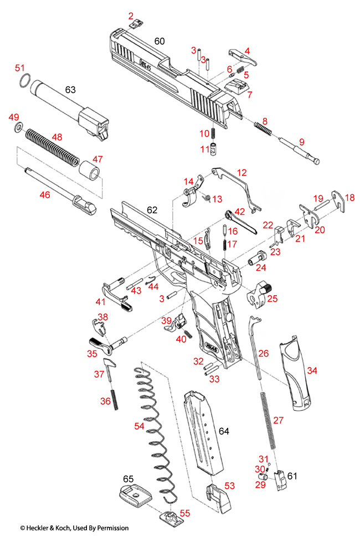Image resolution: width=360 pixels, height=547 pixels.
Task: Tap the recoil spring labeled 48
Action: point(50,146)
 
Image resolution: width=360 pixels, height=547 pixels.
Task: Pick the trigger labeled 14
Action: point(192,194)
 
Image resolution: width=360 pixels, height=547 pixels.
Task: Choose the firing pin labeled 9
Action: point(301,153)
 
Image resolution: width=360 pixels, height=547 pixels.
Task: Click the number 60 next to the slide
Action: point(160,42)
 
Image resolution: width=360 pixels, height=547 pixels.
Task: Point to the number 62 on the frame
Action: point(152,210)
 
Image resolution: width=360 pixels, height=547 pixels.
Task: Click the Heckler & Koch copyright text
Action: point(74,528)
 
